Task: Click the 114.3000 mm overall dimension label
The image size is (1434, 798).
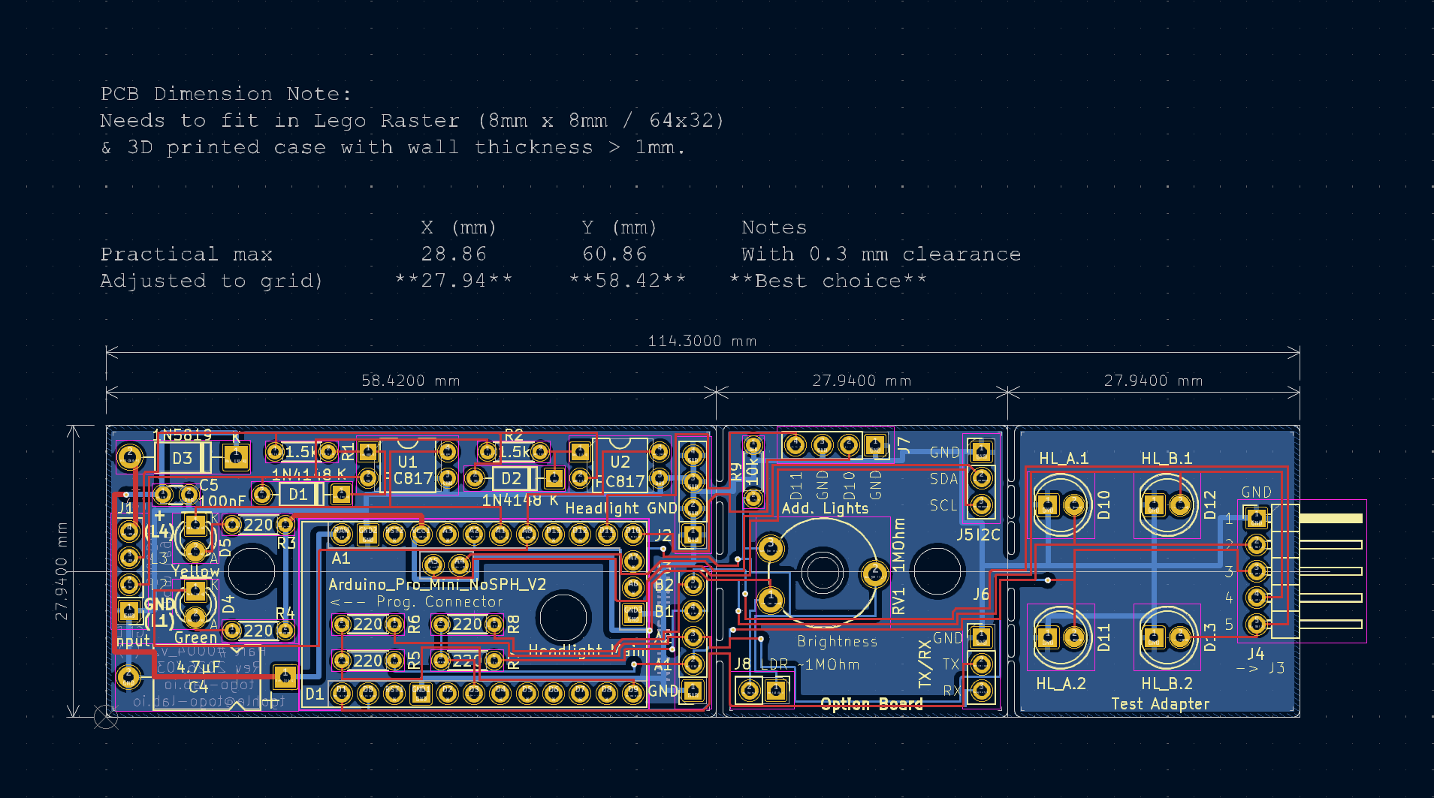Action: (702, 342)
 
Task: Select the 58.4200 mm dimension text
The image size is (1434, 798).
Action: (410, 381)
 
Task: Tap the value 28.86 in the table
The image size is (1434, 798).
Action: (454, 254)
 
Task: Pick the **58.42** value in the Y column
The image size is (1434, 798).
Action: (627, 281)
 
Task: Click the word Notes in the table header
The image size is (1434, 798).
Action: (774, 227)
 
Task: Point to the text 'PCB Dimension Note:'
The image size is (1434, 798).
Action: (225, 94)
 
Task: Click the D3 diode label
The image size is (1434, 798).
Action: (183, 458)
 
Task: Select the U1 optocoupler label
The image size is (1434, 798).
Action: (407, 462)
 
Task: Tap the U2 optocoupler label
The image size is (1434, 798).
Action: (620, 462)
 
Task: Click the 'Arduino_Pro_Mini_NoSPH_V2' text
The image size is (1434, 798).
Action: (437, 584)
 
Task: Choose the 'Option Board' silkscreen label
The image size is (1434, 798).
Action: (871, 704)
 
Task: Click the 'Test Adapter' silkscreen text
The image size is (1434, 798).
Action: (1160, 704)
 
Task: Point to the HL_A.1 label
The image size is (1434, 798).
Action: (1063, 458)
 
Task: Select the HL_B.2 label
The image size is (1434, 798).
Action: (1167, 684)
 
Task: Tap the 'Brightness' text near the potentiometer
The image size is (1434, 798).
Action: (837, 642)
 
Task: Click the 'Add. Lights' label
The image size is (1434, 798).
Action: (825, 508)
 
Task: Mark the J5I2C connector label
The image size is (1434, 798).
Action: (978, 535)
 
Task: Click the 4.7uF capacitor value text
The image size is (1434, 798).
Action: (199, 667)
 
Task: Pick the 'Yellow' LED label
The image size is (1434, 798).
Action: (195, 571)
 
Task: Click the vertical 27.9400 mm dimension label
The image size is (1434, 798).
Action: (62, 571)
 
